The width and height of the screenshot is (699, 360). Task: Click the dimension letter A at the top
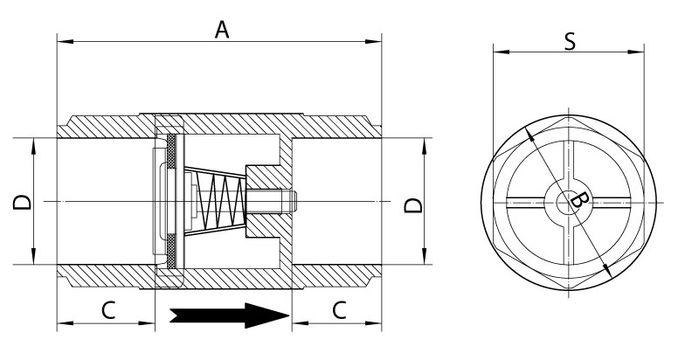[x=222, y=30]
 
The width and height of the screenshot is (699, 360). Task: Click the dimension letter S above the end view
[x=570, y=41]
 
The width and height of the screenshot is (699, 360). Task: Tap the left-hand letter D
[x=22, y=202]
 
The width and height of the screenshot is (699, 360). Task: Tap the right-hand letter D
[x=413, y=205]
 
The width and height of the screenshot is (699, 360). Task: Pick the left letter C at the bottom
[x=108, y=310]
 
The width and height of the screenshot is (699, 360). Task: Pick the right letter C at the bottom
[x=339, y=310]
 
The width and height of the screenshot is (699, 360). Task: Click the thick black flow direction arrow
[x=229, y=315]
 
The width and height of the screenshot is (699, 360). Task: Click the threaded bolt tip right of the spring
[x=273, y=201]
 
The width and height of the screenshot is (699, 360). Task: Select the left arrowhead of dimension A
[x=66, y=41]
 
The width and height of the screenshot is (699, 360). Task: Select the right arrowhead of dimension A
[x=373, y=41]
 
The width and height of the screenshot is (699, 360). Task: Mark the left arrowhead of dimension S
[x=502, y=52]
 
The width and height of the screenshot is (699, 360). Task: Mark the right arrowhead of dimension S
[x=636, y=52]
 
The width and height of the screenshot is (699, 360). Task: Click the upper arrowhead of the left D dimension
[x=33, y=146]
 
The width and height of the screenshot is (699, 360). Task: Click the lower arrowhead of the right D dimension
[x=424, y=256]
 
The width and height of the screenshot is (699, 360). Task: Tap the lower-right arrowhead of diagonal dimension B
[x=607, y=269]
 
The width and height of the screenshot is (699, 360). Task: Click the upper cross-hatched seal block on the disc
[x=171, y=151]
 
